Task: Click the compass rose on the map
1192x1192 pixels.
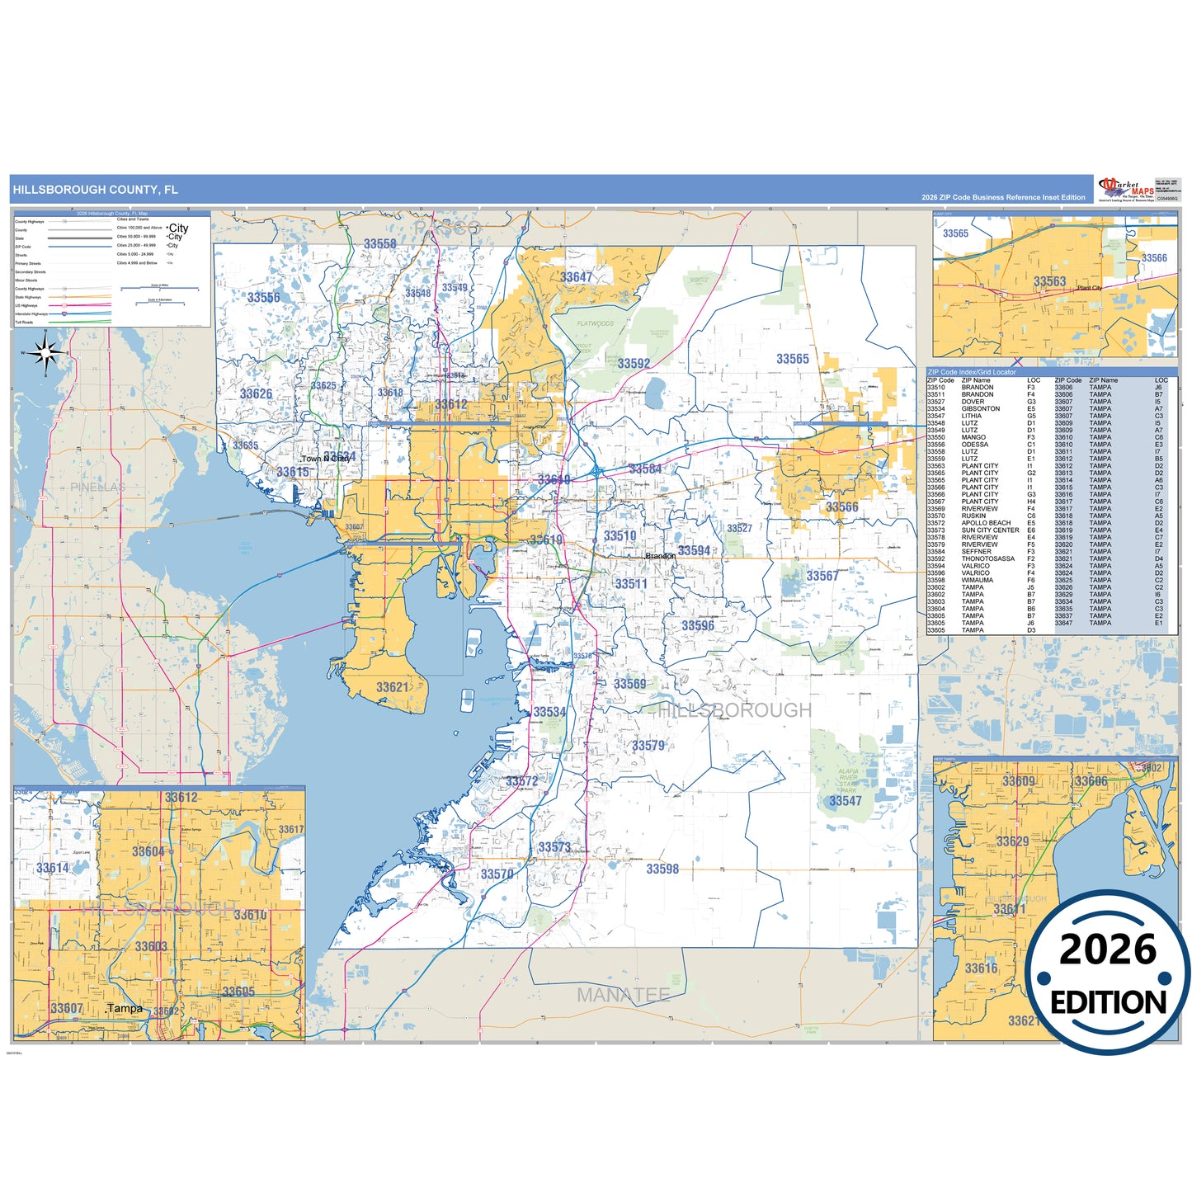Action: click(x=45, y=354)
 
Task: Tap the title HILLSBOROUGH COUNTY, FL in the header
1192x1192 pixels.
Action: click(x=95, y=190)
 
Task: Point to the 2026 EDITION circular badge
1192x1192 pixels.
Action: click(x=1107, y=973)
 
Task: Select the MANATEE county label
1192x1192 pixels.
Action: click(x=623, y=995)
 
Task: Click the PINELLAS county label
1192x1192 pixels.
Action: click(x=97, y=488)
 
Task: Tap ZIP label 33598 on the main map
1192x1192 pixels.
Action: click(x=662, y=869)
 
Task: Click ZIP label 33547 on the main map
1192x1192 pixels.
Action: click(x=846, y=801)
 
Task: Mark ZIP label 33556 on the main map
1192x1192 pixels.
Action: click(x=263, y=298)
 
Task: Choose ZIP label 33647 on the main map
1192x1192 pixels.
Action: click(x=577, y=277)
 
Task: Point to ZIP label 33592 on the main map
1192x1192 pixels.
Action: click(x=634, y=364)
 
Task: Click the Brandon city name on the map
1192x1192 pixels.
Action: click(x=660, y=556)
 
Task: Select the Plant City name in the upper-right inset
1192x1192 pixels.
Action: click(x=1089, y=288)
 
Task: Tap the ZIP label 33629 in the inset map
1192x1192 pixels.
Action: click(x=1012, y=841)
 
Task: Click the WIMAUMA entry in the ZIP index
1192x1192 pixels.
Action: click(x=977, y=580)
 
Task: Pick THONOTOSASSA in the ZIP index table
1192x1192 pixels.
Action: click(x=988, y=558)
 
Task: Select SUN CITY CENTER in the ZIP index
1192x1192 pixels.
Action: click(x=990, y=530)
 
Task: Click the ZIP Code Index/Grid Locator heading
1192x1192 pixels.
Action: click(x=972, y=372)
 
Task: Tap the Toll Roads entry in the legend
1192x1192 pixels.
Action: click(x=24, y=323)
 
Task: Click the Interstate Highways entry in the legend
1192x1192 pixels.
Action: click(x=31, y=314)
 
